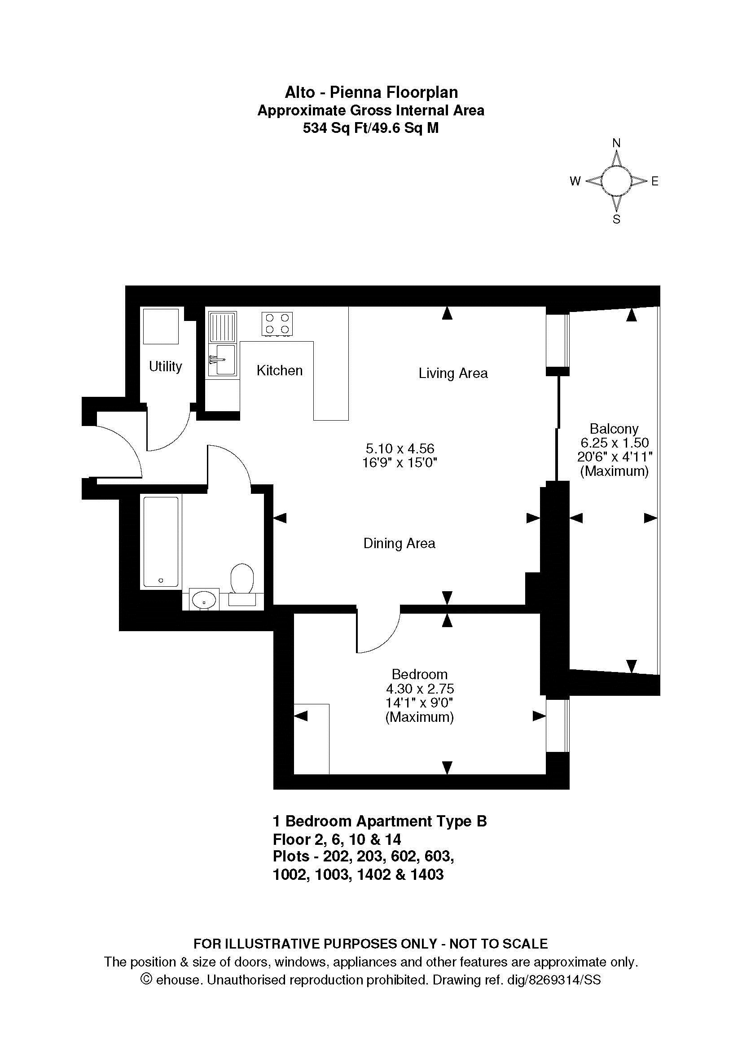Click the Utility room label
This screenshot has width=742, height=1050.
(166, 366)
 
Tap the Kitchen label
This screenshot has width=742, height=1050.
(279, 370)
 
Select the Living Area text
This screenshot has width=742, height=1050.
(453, 373)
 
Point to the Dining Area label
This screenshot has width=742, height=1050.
(399, 543)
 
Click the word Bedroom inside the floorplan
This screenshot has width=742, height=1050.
(419, 674)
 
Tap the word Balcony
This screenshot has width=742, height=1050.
(614, 429)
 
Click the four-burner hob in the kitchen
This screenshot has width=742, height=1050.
(277, 324)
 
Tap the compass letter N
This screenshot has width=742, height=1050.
(616, 143)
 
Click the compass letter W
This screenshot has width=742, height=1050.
(575, 181)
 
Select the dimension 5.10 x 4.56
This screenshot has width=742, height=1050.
(400, 448)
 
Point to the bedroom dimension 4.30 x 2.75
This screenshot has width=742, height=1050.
(420, 688)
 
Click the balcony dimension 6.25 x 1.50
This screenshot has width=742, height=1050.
(615, 443)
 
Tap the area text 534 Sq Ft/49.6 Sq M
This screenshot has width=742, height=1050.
(371, 128)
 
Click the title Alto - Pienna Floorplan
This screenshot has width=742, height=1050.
(371, 92)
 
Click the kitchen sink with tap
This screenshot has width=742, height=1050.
(222, 360)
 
